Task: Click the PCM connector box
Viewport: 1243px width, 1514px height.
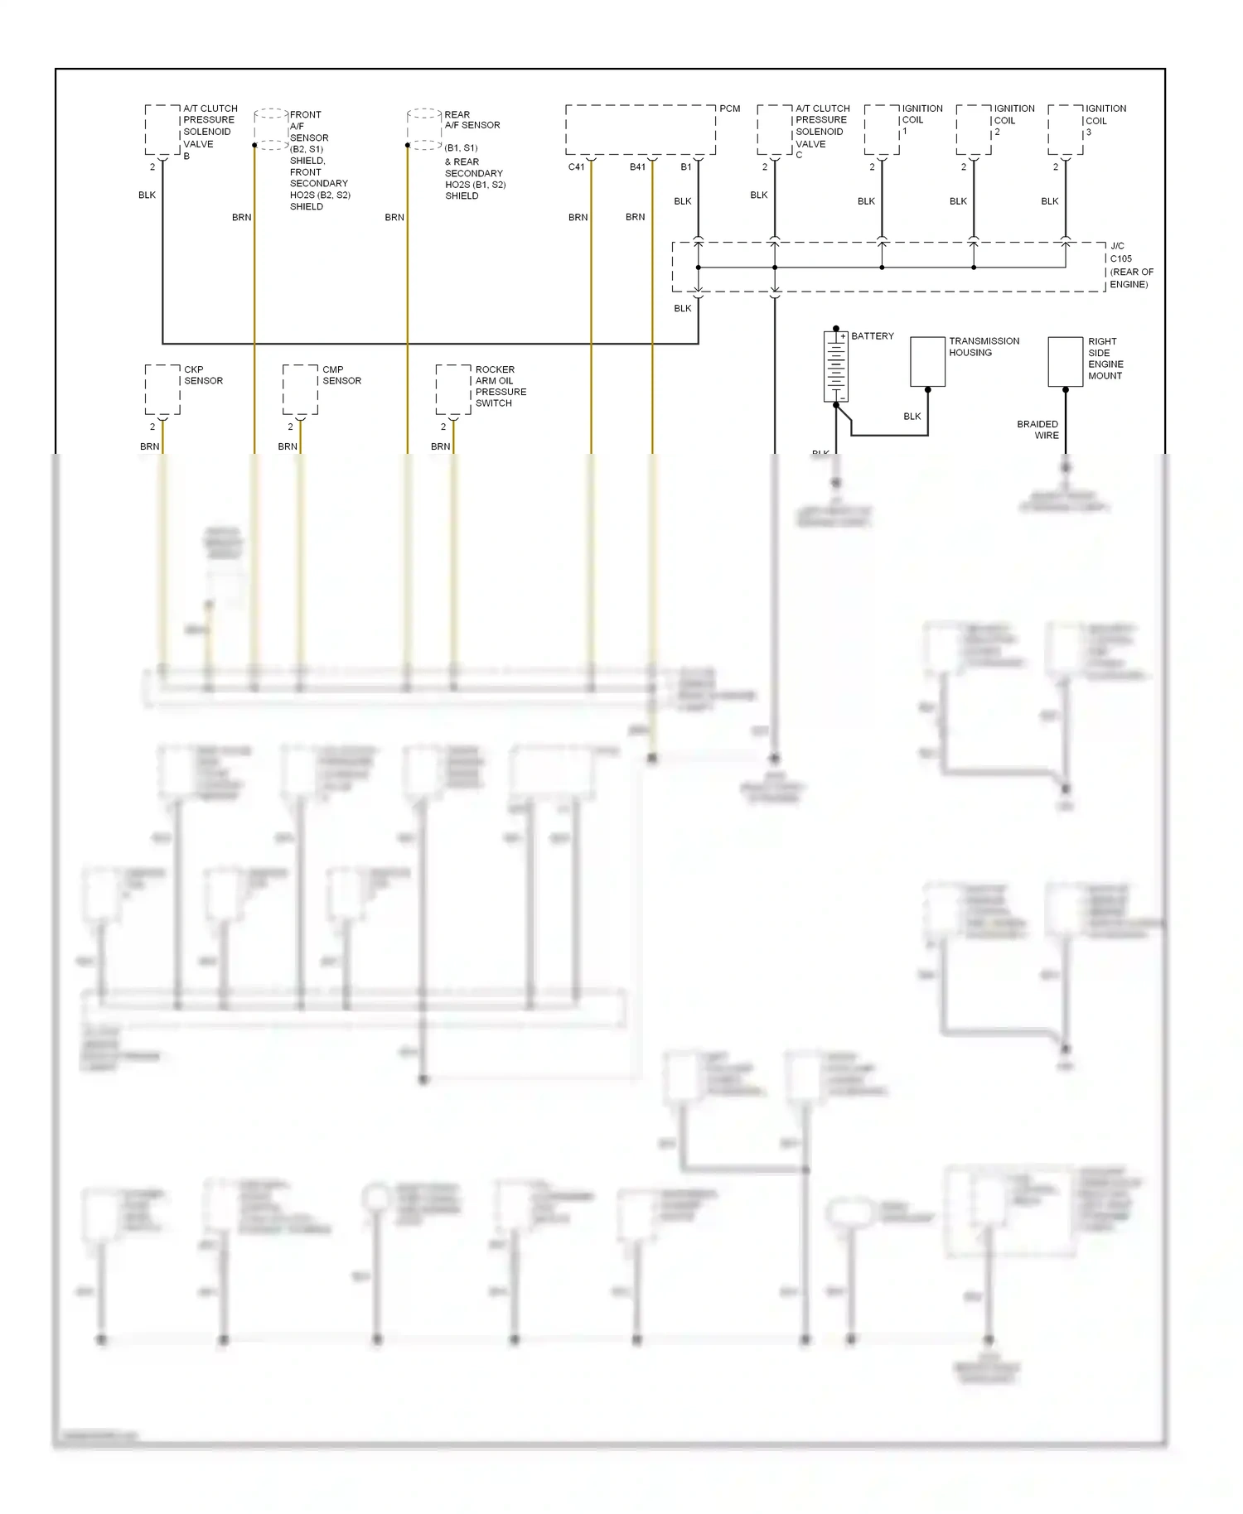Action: click(x=640, y=129)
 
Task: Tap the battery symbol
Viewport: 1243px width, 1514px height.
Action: click(x=835, y=366)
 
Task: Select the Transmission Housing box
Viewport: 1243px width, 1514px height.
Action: click(x=927, y=361)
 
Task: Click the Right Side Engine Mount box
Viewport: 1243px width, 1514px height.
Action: click(x=1065, y=361)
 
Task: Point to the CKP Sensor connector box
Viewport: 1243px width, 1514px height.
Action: click(x=162, y=389)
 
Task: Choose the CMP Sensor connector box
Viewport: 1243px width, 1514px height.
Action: click(x=300, y=389)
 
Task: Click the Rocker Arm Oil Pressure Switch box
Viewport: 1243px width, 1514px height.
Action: click(x=453, y=389)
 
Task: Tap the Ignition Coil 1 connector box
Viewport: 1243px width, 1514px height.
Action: click(x=882, y=129)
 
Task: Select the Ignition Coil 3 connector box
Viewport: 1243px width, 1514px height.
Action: click(x=1066, y=129)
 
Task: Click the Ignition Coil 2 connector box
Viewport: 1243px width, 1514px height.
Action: click(x=974, y=129)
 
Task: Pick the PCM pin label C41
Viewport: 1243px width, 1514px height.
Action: click(x=576, y=167)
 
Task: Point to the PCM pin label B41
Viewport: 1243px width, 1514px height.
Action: click(x=637, y=167)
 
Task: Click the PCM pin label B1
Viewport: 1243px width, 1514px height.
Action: click(x=686, y=167)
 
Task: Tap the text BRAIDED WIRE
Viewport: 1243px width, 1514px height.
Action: click(x=1038, y=430)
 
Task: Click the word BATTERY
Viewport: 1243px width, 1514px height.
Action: click(x=873, y=336)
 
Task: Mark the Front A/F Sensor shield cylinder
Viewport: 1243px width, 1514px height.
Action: click(x=271, y=128)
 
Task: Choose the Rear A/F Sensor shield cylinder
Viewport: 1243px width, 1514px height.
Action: click(x=424, y=128)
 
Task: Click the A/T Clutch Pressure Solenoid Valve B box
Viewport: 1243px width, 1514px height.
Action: click(x=162, y=129)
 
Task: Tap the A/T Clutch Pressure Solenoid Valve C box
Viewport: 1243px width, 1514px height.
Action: click(x=775, y=129)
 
